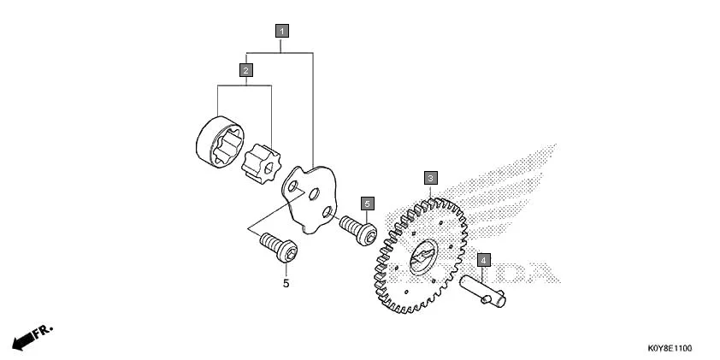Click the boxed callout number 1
coord(281,30)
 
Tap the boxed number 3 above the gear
coord(431,178)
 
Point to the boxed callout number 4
coord(482,258)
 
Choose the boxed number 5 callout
coord(366,204)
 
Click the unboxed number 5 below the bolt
coord(286,282)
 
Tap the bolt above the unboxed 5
coord(278,248)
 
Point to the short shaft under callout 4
coord(484,290)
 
